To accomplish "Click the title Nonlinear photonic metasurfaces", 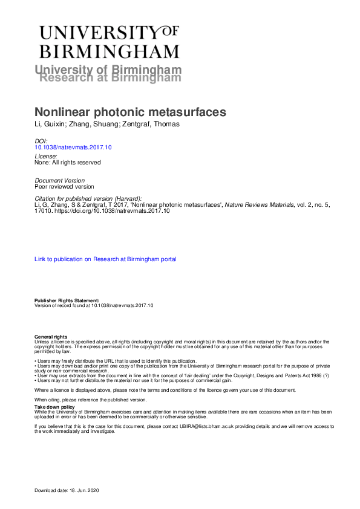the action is tap(130, 112).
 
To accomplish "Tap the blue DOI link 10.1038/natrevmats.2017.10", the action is tap(74, 147).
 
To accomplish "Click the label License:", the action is tap(45, 156).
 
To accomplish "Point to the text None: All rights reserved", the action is tap(67, 162).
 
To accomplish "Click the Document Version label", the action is tap(60, 180).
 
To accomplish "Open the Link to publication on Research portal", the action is tap(105, 259).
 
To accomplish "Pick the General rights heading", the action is tap(51, 337).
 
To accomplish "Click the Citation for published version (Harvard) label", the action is tap(88, 199).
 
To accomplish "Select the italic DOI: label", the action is tap(41, 141).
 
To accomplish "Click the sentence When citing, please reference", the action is tap(90, 400).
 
